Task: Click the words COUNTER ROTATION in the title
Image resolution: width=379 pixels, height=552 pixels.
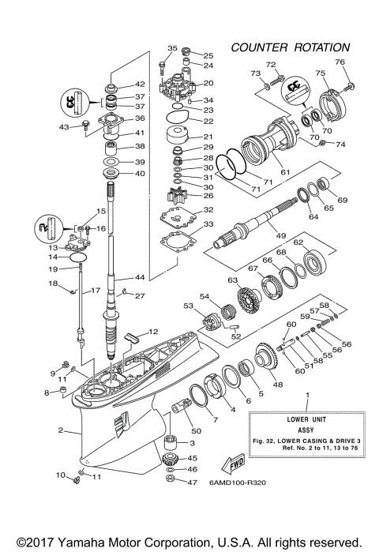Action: pyautogui.click(x=290, y=47)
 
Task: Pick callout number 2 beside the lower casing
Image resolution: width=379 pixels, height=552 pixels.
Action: pyautogui.click(x=60, y=431)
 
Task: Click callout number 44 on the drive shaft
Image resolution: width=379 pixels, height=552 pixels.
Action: pyautogui.click(x=141, y=278)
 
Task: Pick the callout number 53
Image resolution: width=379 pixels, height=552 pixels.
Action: pyautogui.click(x=188, y=306)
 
